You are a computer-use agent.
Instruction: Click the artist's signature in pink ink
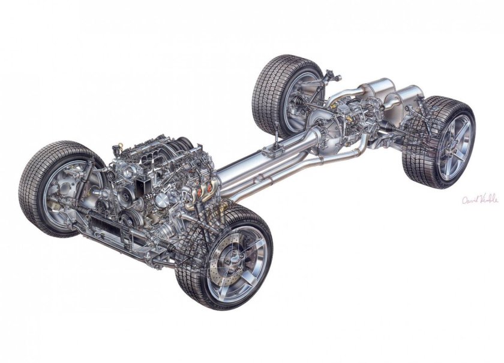(479, 199)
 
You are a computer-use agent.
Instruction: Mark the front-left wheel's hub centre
(60, 193)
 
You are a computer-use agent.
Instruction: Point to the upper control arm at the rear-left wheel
(315, 84)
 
